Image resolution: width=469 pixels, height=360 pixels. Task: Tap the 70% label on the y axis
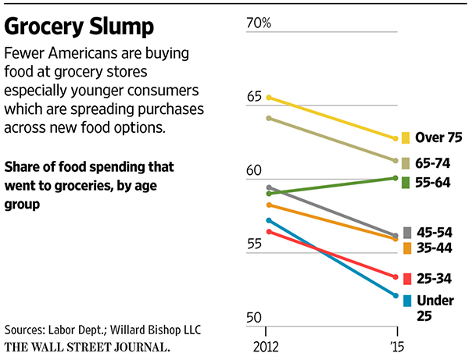tap(259, 23)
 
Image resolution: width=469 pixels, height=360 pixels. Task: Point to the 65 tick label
tap(254, 97)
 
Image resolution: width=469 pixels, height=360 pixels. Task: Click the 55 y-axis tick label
tap(254, 244)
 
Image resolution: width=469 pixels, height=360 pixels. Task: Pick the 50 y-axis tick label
tap(254, 317)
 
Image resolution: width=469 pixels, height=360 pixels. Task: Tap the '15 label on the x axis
tap(398, 344)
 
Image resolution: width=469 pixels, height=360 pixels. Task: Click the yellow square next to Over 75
tap(406, 138)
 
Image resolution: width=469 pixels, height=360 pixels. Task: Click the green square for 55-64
tap(406, 182)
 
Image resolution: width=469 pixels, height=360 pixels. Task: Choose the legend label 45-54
tap(435, 232)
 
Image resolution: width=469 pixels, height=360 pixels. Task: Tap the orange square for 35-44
tap(406, 248)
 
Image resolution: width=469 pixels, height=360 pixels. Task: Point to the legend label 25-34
tap(435, 278)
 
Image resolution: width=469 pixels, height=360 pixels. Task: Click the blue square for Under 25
tap(406, 301)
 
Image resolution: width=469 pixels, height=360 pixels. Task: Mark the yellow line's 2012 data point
tap(268, 98)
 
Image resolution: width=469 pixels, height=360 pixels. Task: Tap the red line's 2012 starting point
tap(268, 231)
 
